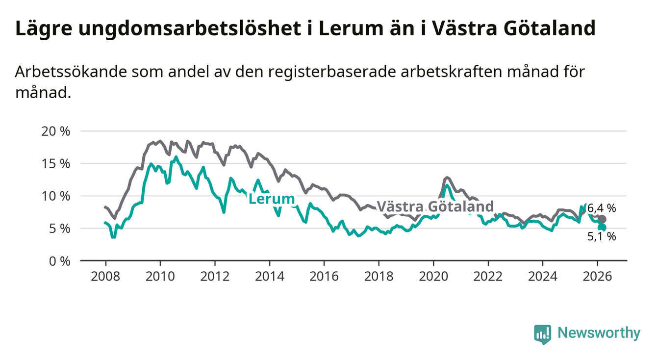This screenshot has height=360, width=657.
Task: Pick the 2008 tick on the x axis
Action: coord(105,276)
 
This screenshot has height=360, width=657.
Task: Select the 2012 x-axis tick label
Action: coord(215,276)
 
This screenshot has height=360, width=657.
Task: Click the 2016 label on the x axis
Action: coord(324,276)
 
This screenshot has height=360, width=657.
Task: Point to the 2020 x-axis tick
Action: coord(433,276)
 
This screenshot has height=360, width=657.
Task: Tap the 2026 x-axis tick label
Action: coord(598,276)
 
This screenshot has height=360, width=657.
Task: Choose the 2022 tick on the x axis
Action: coord(488,276)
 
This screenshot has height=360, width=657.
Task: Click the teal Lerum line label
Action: coord(272,199)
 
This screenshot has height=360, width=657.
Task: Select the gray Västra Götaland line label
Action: coord(434,206)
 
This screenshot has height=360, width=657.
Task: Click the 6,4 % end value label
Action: coord(602,208)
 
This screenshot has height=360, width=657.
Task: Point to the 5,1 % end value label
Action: coord(602,237)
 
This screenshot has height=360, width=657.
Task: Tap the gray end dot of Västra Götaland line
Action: coord(603,219)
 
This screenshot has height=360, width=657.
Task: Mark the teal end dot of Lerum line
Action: coord(603,228)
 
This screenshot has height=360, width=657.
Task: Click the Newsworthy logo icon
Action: coord(542,334)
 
